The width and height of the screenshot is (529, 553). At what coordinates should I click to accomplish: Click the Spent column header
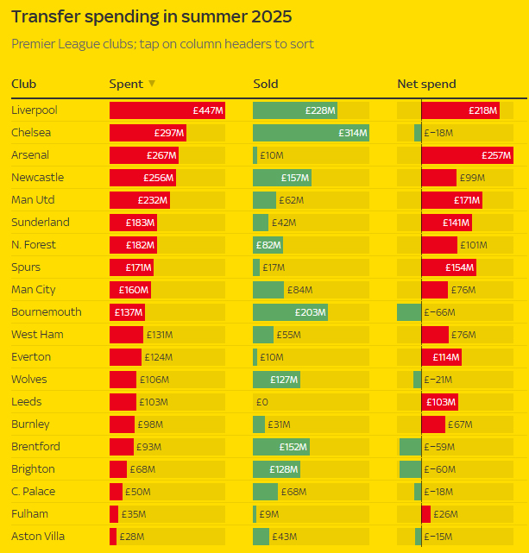pos(126,84)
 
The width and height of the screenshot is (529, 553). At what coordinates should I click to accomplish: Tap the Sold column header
pos(266,84)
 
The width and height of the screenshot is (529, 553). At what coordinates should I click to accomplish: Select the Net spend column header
pos(426,84)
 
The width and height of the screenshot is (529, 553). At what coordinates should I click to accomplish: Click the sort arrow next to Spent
pos(152,84)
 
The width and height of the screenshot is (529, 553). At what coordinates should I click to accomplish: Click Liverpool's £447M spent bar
pos(167,110)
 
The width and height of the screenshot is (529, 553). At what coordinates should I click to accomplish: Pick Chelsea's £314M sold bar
pos(312,133)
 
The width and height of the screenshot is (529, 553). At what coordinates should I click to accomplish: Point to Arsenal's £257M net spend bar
pos(467,155)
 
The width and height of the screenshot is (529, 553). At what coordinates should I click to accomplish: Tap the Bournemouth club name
pos(47,312)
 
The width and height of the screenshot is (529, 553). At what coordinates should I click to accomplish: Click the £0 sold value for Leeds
pos(261,402)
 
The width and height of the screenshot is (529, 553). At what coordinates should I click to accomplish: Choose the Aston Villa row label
pos(38,537)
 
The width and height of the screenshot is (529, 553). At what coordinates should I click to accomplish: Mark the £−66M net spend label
pos(438,312)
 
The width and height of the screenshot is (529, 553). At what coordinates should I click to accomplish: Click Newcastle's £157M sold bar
pos(282,178)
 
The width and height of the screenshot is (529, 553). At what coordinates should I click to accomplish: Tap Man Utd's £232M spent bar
pos(139,200)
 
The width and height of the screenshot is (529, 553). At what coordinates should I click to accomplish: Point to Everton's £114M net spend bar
pos(442,357)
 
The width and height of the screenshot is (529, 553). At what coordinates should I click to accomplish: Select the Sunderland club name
pos(41,223)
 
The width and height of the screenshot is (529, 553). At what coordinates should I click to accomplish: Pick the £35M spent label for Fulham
pos(134,514)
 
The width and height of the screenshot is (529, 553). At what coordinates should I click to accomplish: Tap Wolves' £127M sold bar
pos(276,380)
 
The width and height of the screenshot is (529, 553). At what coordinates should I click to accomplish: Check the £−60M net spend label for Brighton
pos(438,469)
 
